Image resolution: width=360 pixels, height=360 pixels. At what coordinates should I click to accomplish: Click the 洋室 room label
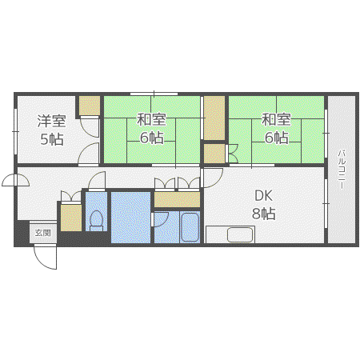point(51,121)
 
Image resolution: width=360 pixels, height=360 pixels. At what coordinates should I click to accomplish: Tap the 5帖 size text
point(52,138)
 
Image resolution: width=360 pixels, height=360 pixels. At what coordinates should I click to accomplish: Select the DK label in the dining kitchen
point(264,196)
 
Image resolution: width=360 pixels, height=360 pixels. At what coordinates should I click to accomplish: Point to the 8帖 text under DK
point(264,214)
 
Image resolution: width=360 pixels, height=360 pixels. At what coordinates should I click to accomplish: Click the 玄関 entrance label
point(43,233)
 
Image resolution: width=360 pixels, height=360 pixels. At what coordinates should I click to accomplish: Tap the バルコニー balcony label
point(342,170)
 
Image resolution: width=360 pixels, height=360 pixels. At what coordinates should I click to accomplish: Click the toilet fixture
point(96,221)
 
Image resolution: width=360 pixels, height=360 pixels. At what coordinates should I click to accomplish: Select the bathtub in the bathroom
point(190,227)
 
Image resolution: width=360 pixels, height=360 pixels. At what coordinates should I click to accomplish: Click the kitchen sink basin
point(240,234)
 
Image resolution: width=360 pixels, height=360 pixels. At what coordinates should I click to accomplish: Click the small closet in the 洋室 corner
point(90,106)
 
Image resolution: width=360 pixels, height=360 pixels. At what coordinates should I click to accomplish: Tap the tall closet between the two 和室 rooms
point(214,118)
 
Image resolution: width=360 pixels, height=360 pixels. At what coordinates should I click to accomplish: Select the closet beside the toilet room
point(71,218)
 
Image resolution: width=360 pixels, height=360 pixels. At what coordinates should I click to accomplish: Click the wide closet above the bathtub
point(177,199)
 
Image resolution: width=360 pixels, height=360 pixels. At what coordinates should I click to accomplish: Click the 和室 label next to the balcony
point(276,119)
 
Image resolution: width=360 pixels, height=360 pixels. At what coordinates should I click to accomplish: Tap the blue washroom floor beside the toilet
point(130,218)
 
